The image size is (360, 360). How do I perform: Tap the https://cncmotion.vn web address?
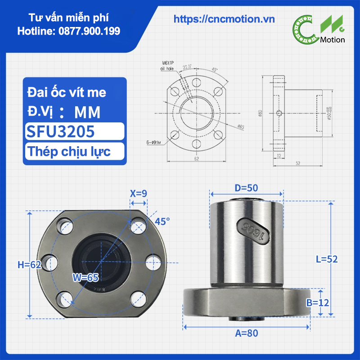224,18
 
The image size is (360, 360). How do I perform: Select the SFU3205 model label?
61,131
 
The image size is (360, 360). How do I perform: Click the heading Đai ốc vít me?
67,92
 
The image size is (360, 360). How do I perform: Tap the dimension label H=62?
29,265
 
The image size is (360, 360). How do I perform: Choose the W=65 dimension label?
85,278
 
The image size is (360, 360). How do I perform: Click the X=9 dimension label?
139,193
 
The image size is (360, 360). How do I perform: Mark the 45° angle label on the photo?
162,221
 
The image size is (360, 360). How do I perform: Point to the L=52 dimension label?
326,259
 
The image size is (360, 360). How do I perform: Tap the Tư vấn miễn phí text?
68,18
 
